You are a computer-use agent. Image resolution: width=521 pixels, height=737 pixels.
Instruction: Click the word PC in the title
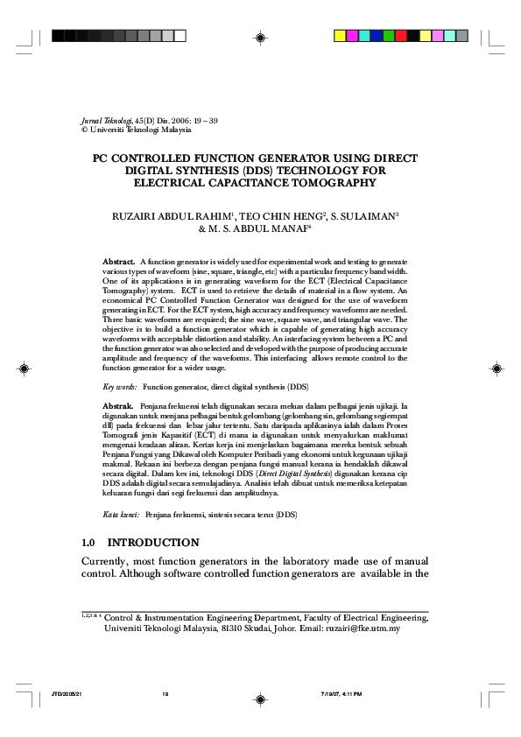[x=102, y=158]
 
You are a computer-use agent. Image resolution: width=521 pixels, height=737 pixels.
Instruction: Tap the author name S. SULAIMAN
[x=354, y=215]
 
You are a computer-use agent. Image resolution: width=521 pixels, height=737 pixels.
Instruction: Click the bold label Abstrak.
[x=118, y=407]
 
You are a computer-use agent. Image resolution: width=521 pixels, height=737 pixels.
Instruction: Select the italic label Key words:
[x=120, y=386]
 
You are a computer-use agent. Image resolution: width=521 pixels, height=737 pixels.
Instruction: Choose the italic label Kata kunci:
[x=121, y=516]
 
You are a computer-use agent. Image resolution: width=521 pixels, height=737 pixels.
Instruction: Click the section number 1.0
[x=88, y=543]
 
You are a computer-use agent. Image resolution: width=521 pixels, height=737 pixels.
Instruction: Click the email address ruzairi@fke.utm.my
[x=362, y=628]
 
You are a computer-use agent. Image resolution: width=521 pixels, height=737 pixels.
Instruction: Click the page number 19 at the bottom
[x=165, y=694]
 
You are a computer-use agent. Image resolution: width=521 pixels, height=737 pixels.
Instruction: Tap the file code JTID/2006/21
[x=67, y=694]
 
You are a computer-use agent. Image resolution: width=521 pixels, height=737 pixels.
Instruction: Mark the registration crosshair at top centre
[x=260, y=36]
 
